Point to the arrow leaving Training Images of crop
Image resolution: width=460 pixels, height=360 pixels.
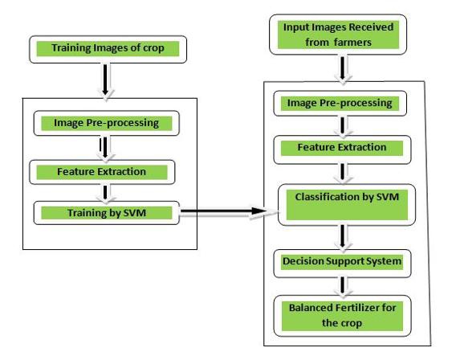tap(108, 79)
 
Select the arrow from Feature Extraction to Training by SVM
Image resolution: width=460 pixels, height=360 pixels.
tap(102, 192)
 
